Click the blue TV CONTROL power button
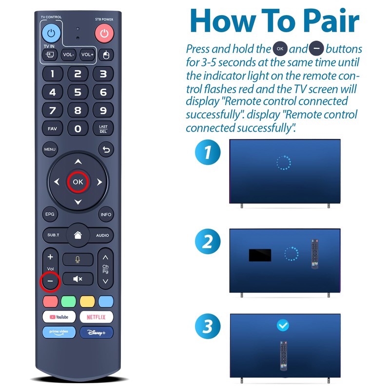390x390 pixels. point(52,33)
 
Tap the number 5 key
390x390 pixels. point(78,92)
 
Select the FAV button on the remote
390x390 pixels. point(52,129)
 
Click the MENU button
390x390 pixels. point(50,149)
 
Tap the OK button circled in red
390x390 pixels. point(78,182)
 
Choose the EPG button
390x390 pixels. point(50,214)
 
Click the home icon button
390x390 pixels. point(78,234)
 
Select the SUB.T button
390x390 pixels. point(53,235)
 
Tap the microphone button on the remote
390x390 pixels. point(78,259)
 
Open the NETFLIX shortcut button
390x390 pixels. point(96,317)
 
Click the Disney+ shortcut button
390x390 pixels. point(96,332)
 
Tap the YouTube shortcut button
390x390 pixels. point(59,317)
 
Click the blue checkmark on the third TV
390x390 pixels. point(282,325)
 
